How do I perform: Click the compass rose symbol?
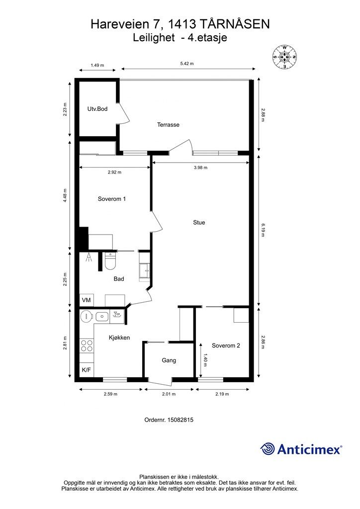[x=285, y=57]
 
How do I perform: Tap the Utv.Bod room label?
[x=97, y=109]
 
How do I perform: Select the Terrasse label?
[x=168, y=125]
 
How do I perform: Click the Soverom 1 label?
[x=112, y=199]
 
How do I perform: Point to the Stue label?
[x=199, y=222]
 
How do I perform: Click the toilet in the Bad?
[x=110, y=261]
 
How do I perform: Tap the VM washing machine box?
[x=87, y=300]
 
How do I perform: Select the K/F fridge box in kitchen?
[x=87, y=370]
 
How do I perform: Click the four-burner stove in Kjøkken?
[x=87, y=345]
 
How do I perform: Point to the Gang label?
[x=169, y=360]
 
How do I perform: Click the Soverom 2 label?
[x=226, y=346]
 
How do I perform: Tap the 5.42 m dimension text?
[x=187, y=64]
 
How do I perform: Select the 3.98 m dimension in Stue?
[x=200, y=168]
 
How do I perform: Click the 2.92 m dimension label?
[x=114, y=172]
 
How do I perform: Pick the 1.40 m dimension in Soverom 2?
[x=205, y=360]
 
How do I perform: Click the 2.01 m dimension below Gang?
[x=169, y=394]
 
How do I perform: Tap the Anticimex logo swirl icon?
[x=268, y=449]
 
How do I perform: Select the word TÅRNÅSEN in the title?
[x=234, y=24]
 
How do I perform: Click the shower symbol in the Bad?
[x=89, y=257]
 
